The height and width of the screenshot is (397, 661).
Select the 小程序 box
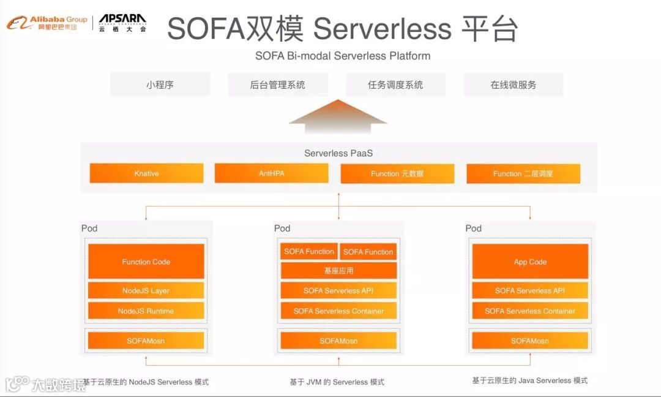pos(160,85)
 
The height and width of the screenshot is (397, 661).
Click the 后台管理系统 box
pos(277,85)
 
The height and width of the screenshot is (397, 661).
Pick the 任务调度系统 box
pos(395,85)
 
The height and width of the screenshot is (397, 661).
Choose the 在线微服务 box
pos(513,85)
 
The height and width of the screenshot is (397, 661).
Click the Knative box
pos(146,173)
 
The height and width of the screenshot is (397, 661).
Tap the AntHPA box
pos(271,173)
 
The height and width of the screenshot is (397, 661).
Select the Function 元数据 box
pos(397,173)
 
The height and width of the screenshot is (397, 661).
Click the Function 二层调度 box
pos(523,173)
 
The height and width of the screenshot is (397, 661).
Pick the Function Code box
pos(146,262)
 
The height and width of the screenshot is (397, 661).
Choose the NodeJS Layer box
pos(146,290)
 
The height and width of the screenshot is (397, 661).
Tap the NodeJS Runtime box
pos(146,311)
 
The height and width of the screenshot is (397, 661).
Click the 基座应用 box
pos(338,270)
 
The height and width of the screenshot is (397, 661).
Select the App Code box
pos(530,262)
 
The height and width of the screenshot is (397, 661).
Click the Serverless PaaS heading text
pos(338,153)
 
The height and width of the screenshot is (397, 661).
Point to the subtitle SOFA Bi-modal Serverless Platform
pos(343,56)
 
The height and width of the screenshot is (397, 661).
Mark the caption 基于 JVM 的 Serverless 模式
pos(337,382)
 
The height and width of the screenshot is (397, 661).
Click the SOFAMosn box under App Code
pos(530,341)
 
